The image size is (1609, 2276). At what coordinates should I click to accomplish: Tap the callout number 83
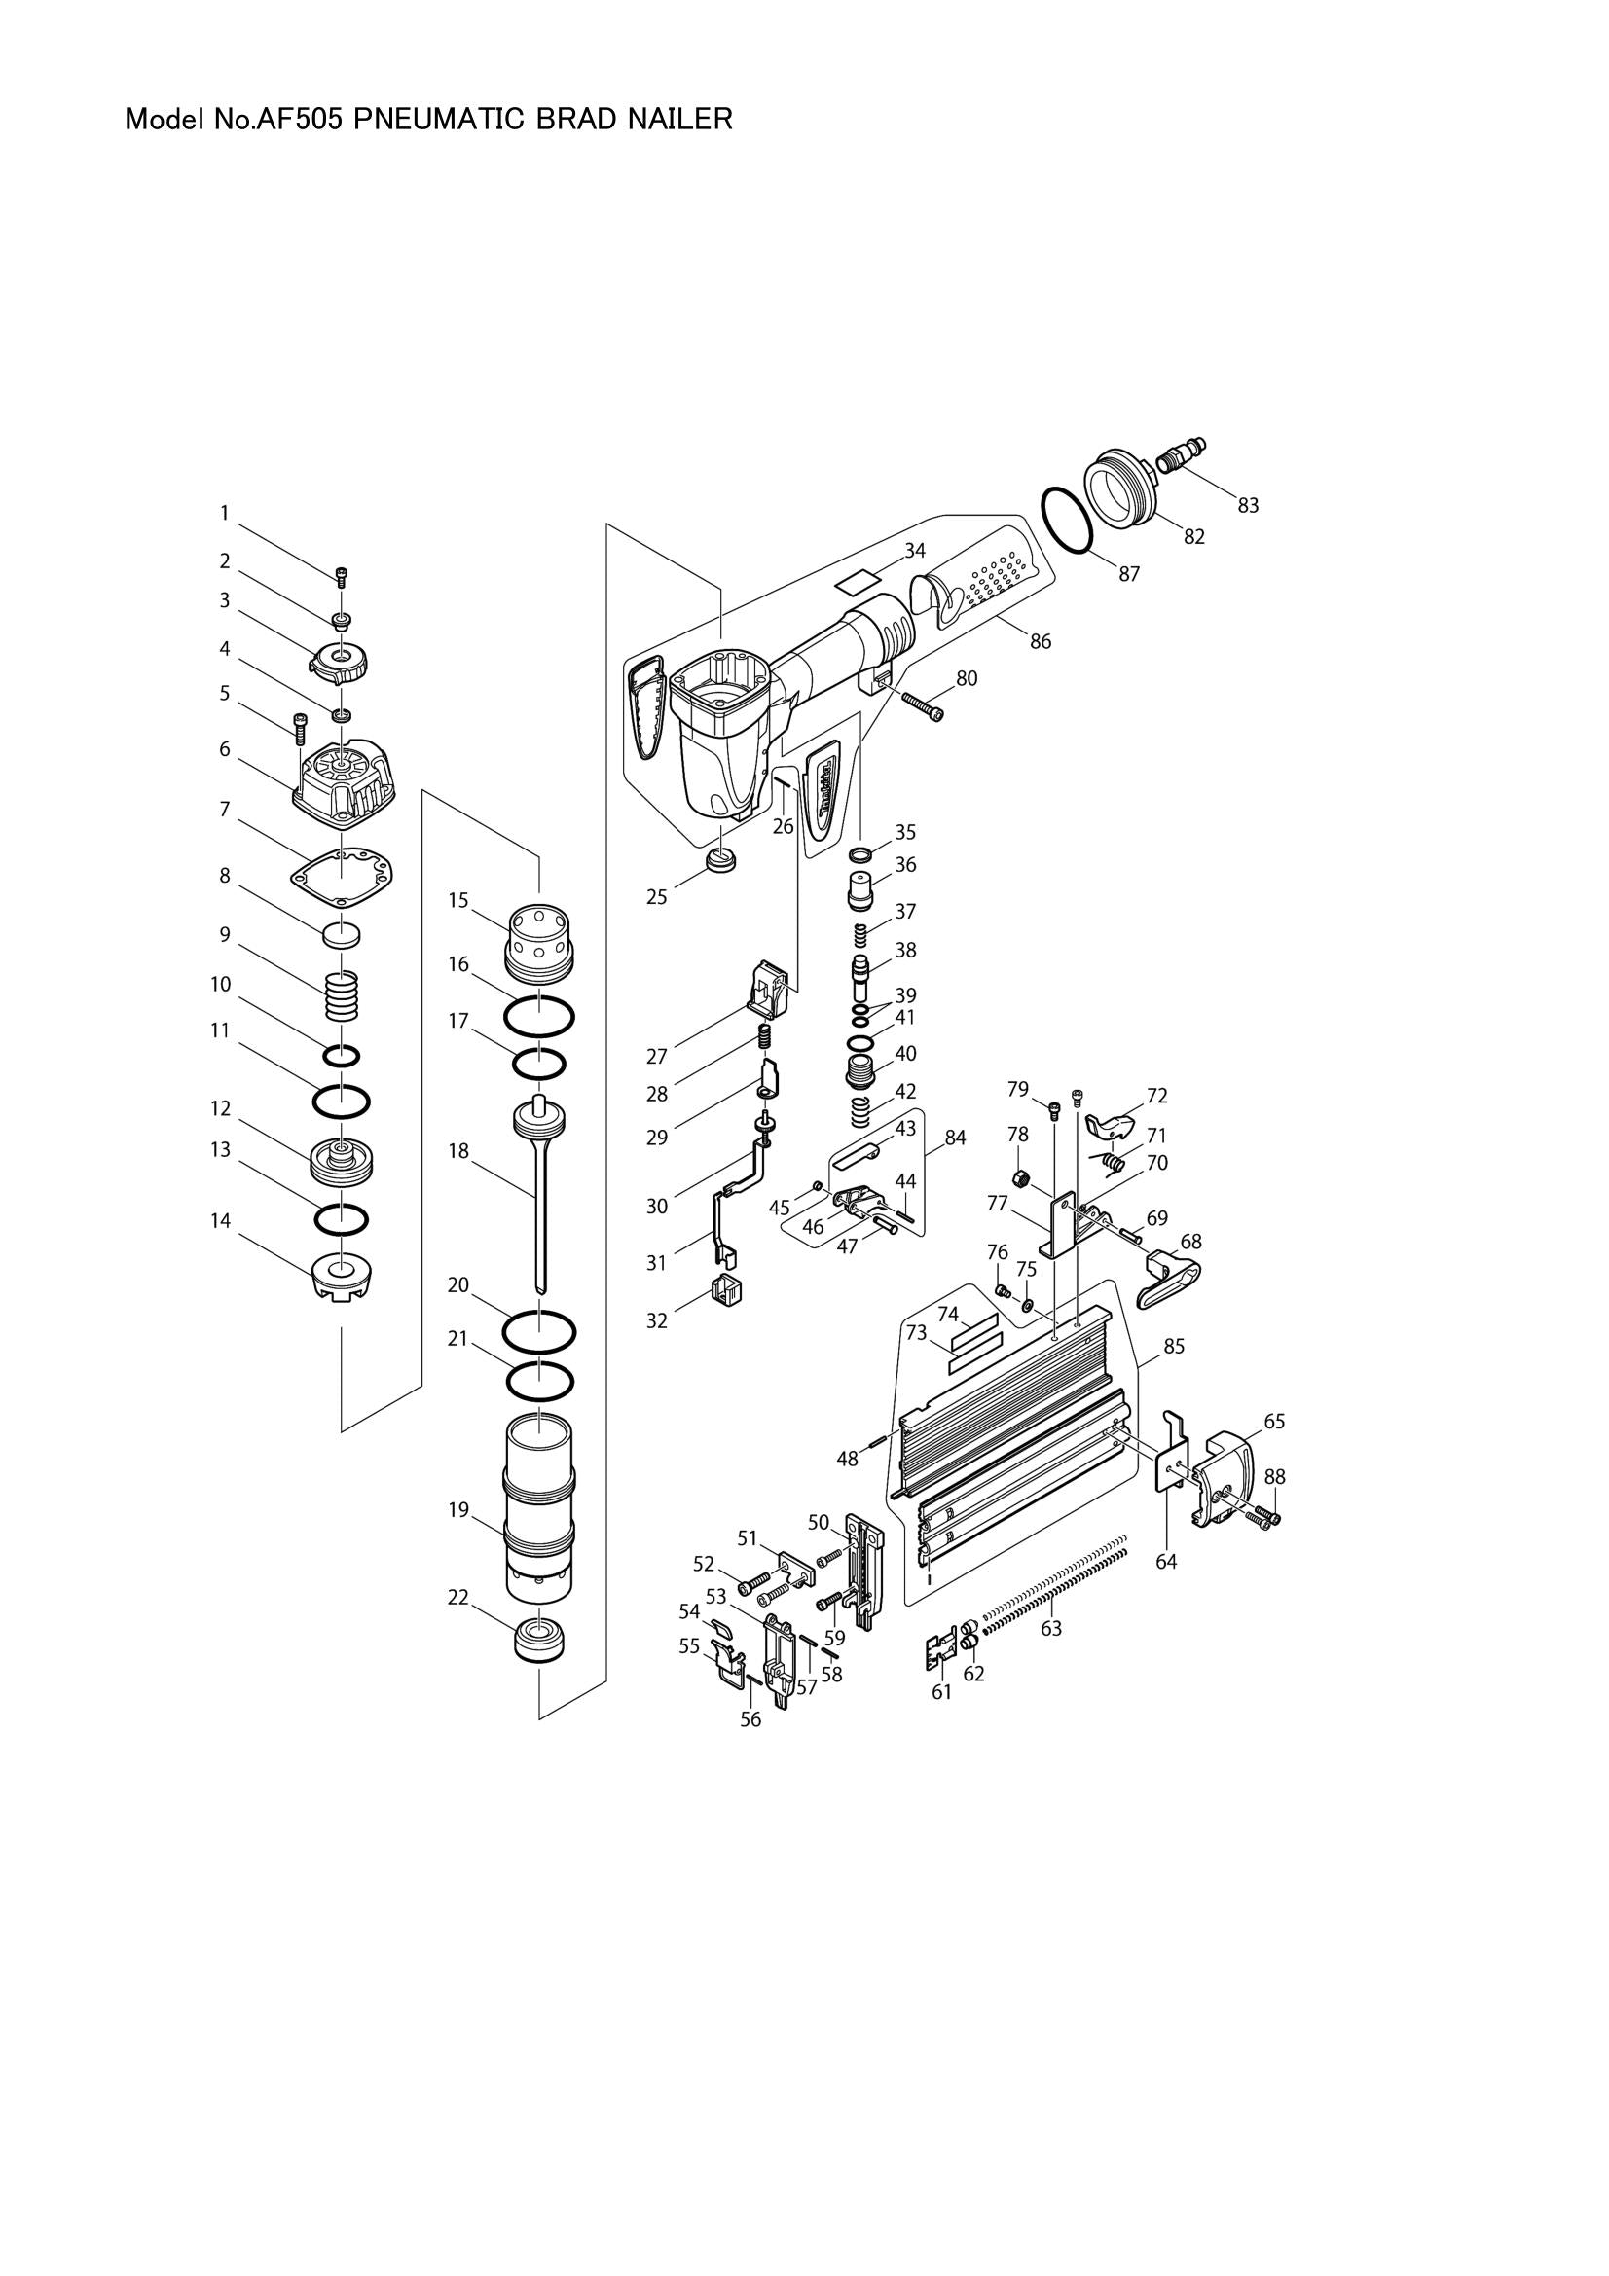coord(1247,506)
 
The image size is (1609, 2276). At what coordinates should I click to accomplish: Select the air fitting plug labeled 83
coord(1172,457)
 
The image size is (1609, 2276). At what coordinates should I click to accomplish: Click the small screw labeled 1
coord(342,574)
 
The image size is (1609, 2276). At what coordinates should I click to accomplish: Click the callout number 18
coord(458,1151)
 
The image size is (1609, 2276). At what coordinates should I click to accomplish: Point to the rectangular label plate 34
coord(859,581)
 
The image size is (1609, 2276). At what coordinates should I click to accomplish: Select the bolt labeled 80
coord(923,705)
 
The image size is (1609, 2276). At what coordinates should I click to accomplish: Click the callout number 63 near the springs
coord(1051,1629)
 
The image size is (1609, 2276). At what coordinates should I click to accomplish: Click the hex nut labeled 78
coord(1020,1178)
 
